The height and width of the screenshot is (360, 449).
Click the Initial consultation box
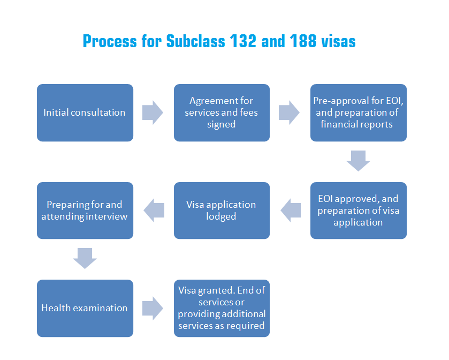coord(85,112)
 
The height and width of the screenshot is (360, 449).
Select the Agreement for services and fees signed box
coord(222,112)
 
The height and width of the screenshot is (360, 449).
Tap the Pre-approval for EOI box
coord(359,112)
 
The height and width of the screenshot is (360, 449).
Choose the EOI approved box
coord(359,211)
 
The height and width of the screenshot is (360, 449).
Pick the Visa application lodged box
coord(222,211)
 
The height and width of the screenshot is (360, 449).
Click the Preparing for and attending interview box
coord(85,211)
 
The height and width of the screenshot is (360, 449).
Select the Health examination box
coord(85,308)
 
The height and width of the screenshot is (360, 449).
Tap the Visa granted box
coord(222,308)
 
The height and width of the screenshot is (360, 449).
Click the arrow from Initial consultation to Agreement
coord(153,112)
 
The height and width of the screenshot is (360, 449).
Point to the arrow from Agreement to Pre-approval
coord(289,112)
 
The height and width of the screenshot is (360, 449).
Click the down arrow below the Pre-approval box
coord(358,161)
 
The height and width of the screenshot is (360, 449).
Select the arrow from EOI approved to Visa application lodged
coord(291,210)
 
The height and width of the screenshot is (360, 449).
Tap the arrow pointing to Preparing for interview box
coord(154,210)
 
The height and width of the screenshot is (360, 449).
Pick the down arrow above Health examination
coord(85,258)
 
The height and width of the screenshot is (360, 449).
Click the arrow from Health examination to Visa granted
coord(153,308)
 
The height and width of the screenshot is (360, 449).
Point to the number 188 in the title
coord(303,41)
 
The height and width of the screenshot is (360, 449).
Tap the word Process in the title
coord(110,41)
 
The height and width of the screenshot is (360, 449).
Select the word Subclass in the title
coord(195,41)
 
